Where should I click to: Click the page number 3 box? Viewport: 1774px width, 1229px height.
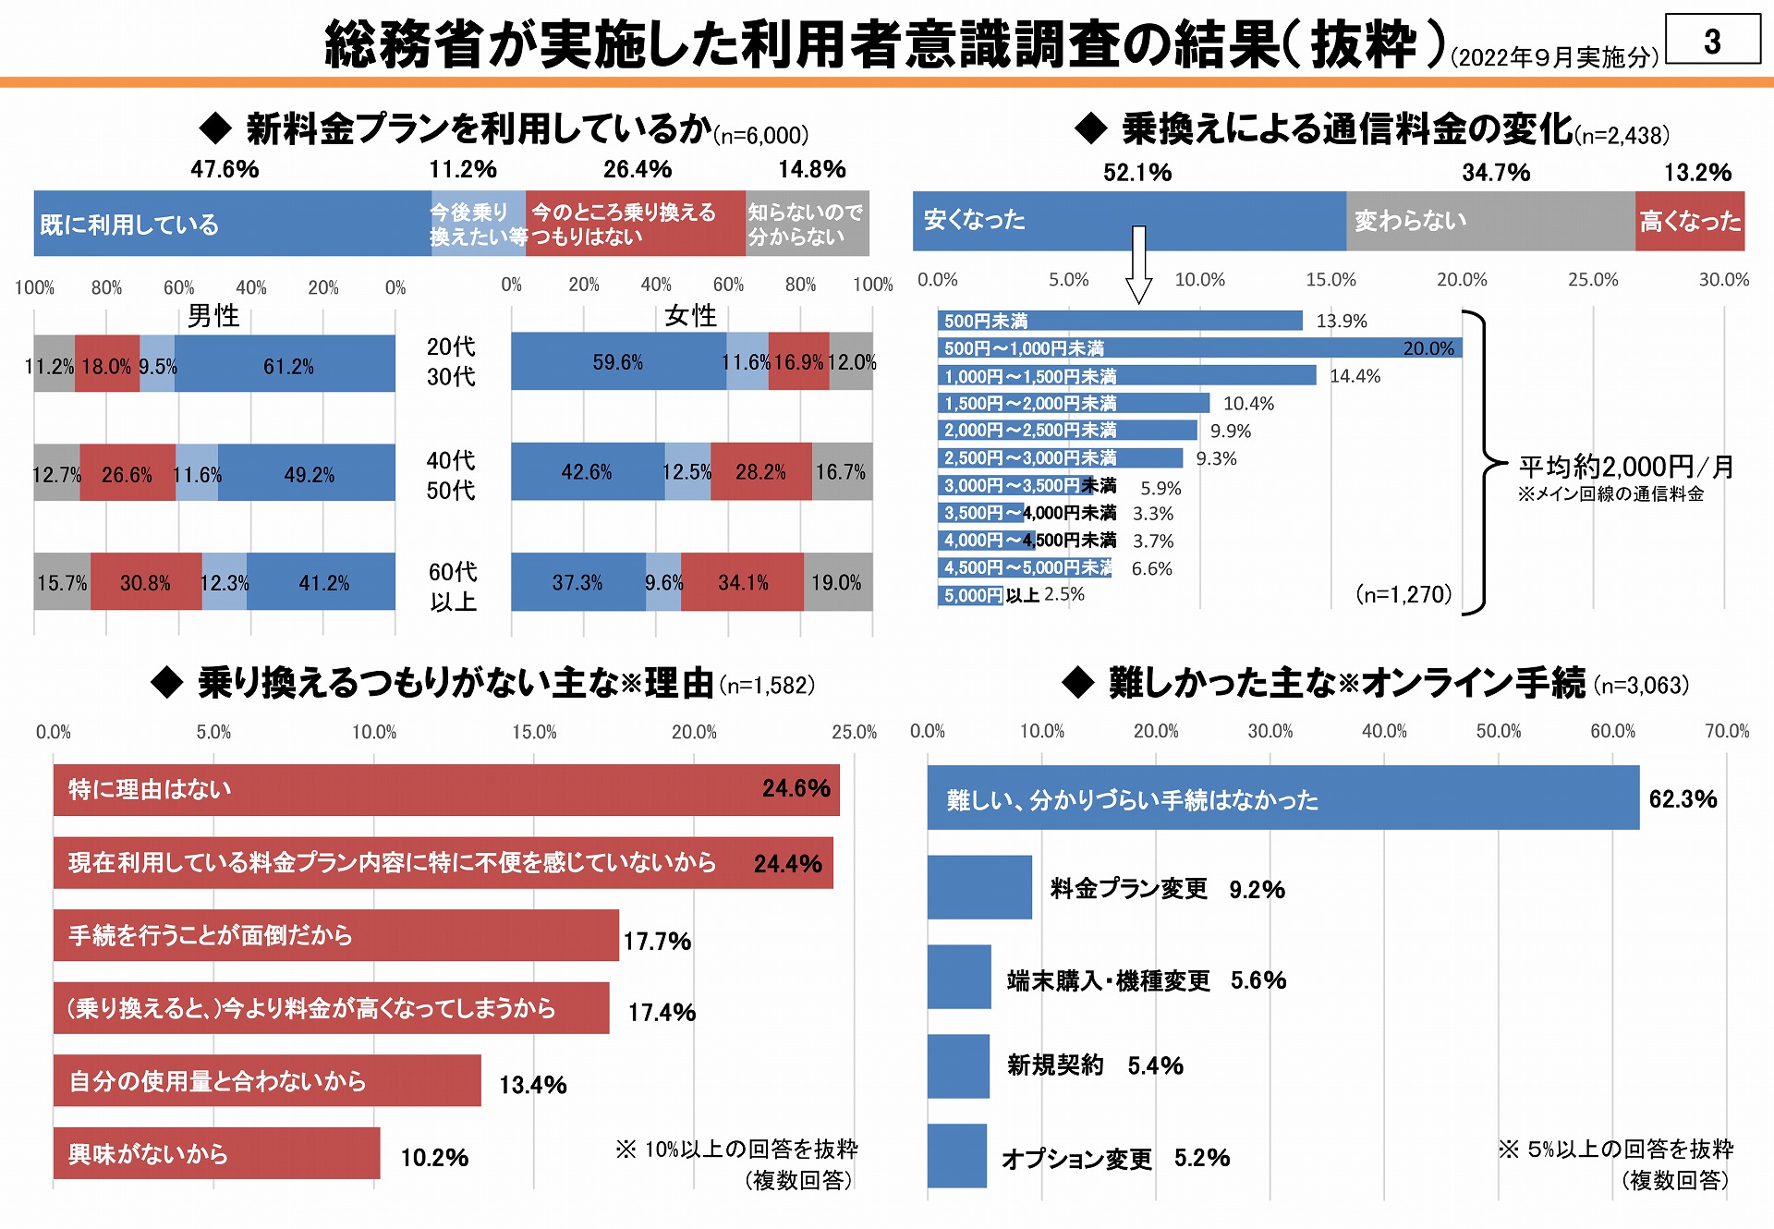1712,40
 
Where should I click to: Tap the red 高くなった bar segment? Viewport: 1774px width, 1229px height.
1689,221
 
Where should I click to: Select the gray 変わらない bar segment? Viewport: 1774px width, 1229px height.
1489,221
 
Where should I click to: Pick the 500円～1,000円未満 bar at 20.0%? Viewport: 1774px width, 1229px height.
1199,348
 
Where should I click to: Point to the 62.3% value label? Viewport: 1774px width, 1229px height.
1683,799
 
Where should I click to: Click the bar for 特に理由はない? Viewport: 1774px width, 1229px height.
445,790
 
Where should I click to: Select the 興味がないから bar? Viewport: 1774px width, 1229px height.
216,1153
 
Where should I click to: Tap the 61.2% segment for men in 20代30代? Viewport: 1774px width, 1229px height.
286,365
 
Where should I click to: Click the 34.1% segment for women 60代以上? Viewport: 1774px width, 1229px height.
742,582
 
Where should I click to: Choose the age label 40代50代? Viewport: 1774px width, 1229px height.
451,475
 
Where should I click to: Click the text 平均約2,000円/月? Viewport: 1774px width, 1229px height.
1626,467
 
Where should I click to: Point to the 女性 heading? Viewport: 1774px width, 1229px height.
690,316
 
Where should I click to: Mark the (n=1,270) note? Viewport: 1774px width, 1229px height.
1403,594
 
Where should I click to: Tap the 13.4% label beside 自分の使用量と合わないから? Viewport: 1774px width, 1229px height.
532,1085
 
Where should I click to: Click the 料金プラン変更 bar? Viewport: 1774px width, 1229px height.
979,887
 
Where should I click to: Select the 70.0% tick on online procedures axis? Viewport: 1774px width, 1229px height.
1726,731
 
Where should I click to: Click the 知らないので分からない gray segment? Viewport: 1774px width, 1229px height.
807,224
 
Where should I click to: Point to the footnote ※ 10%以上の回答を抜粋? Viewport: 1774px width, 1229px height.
736,1149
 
